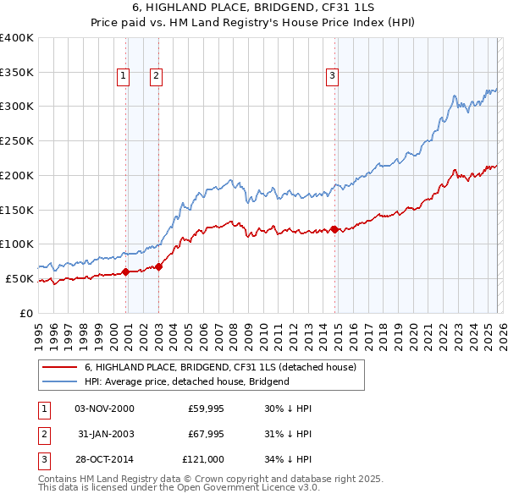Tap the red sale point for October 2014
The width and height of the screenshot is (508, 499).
tap(334, 229)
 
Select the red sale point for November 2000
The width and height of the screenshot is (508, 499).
tap(126, 271)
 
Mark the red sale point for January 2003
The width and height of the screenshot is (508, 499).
tap(159, 266)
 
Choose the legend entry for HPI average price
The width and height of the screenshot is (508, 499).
tap(186, 381)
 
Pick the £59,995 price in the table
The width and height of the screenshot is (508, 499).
tap(205, 409)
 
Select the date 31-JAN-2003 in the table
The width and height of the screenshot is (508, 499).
tap(105, 434)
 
